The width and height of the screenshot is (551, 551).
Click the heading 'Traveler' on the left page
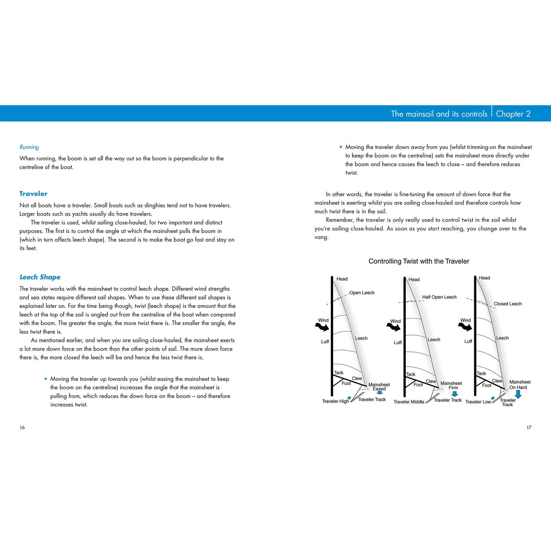pyautogui.click(x=33, y=193)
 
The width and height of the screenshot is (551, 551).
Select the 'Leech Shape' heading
pyautogui.click(x=40, y=277)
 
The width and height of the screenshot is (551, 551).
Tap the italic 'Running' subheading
pyautogui.click(x=29, y=147)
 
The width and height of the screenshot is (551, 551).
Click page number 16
pyautogui.click(x=22, y=427)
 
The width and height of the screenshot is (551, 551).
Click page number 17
pyautogui.click(x=529, y=427)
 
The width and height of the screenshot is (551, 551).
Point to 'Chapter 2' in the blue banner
pyautogui.click(x=513, y=114)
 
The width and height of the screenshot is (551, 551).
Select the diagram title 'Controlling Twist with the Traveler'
pyautogui.click(x=418, y=261)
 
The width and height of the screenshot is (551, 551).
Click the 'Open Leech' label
pyautogui.click(x=362, y=293)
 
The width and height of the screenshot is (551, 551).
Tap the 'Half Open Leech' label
pyautogui.click(x=439, y=297)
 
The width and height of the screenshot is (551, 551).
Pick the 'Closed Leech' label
pyautogui.click(x=507, y=304)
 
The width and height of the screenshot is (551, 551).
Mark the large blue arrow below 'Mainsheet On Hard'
pyautogui.click(x=518, y=394)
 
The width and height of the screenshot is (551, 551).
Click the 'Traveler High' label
pyautogui.click(x=335, y=401)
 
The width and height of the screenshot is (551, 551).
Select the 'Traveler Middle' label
pyautogui.click(x=408, y=402)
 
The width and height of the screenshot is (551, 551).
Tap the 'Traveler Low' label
pyautogui.click(x=478, y=402)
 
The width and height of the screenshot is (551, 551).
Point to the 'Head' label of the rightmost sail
pyautogui.click(x=484, y=278)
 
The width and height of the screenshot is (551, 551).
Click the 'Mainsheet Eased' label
pyautogui.click(x=379, y=387)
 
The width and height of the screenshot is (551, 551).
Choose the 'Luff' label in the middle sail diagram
pyautogui.click(x=398, y=343)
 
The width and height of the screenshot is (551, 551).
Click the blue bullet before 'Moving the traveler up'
pyautogui.click(x=46, y=379)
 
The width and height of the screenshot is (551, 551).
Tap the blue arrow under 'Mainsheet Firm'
pyautogui.click(x=454, y=394)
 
